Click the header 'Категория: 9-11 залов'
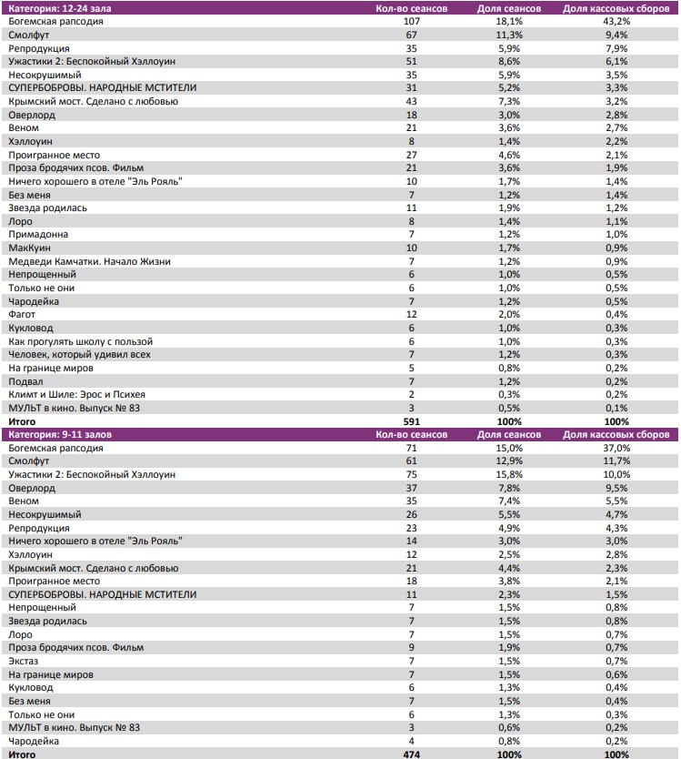pyautogui.click(x=60, y=435)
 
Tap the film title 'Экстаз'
pyautogui.click(x=25, y=662)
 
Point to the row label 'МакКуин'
pyautogui.click(x=30, y=248)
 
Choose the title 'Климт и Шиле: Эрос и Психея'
pyautogui.click(x=76, y=395)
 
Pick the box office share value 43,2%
pyautogui.click(x=616, y=21)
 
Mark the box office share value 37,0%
pyautogui.click(x=616, y=449)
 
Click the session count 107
pyautogui.click(x=411, y=21)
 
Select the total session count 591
pyautogui.click(x=411, y=422)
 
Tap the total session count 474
pyautogui.click(x=411, y=755)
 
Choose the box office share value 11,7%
pyautogui.click(x=616, y=461)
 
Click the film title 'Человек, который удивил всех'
pyautogui.click(x=79, y=355)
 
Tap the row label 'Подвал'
pyautogui.click(x=25, y=381)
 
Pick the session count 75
pyautogui.click(x=411, y=475)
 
